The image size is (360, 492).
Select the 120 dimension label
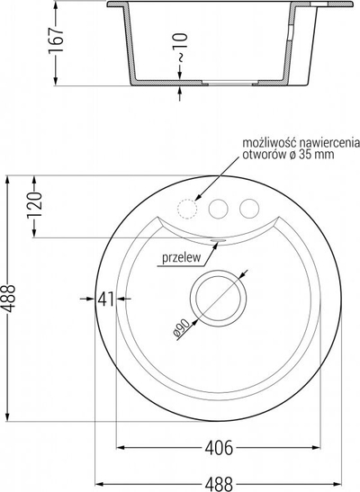click(34, 205)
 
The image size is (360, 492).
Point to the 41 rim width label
click(106, 299)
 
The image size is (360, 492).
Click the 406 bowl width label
click(219, 448)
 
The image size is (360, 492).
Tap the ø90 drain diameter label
click(182, 328)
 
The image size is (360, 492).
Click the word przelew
click(182, 257)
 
